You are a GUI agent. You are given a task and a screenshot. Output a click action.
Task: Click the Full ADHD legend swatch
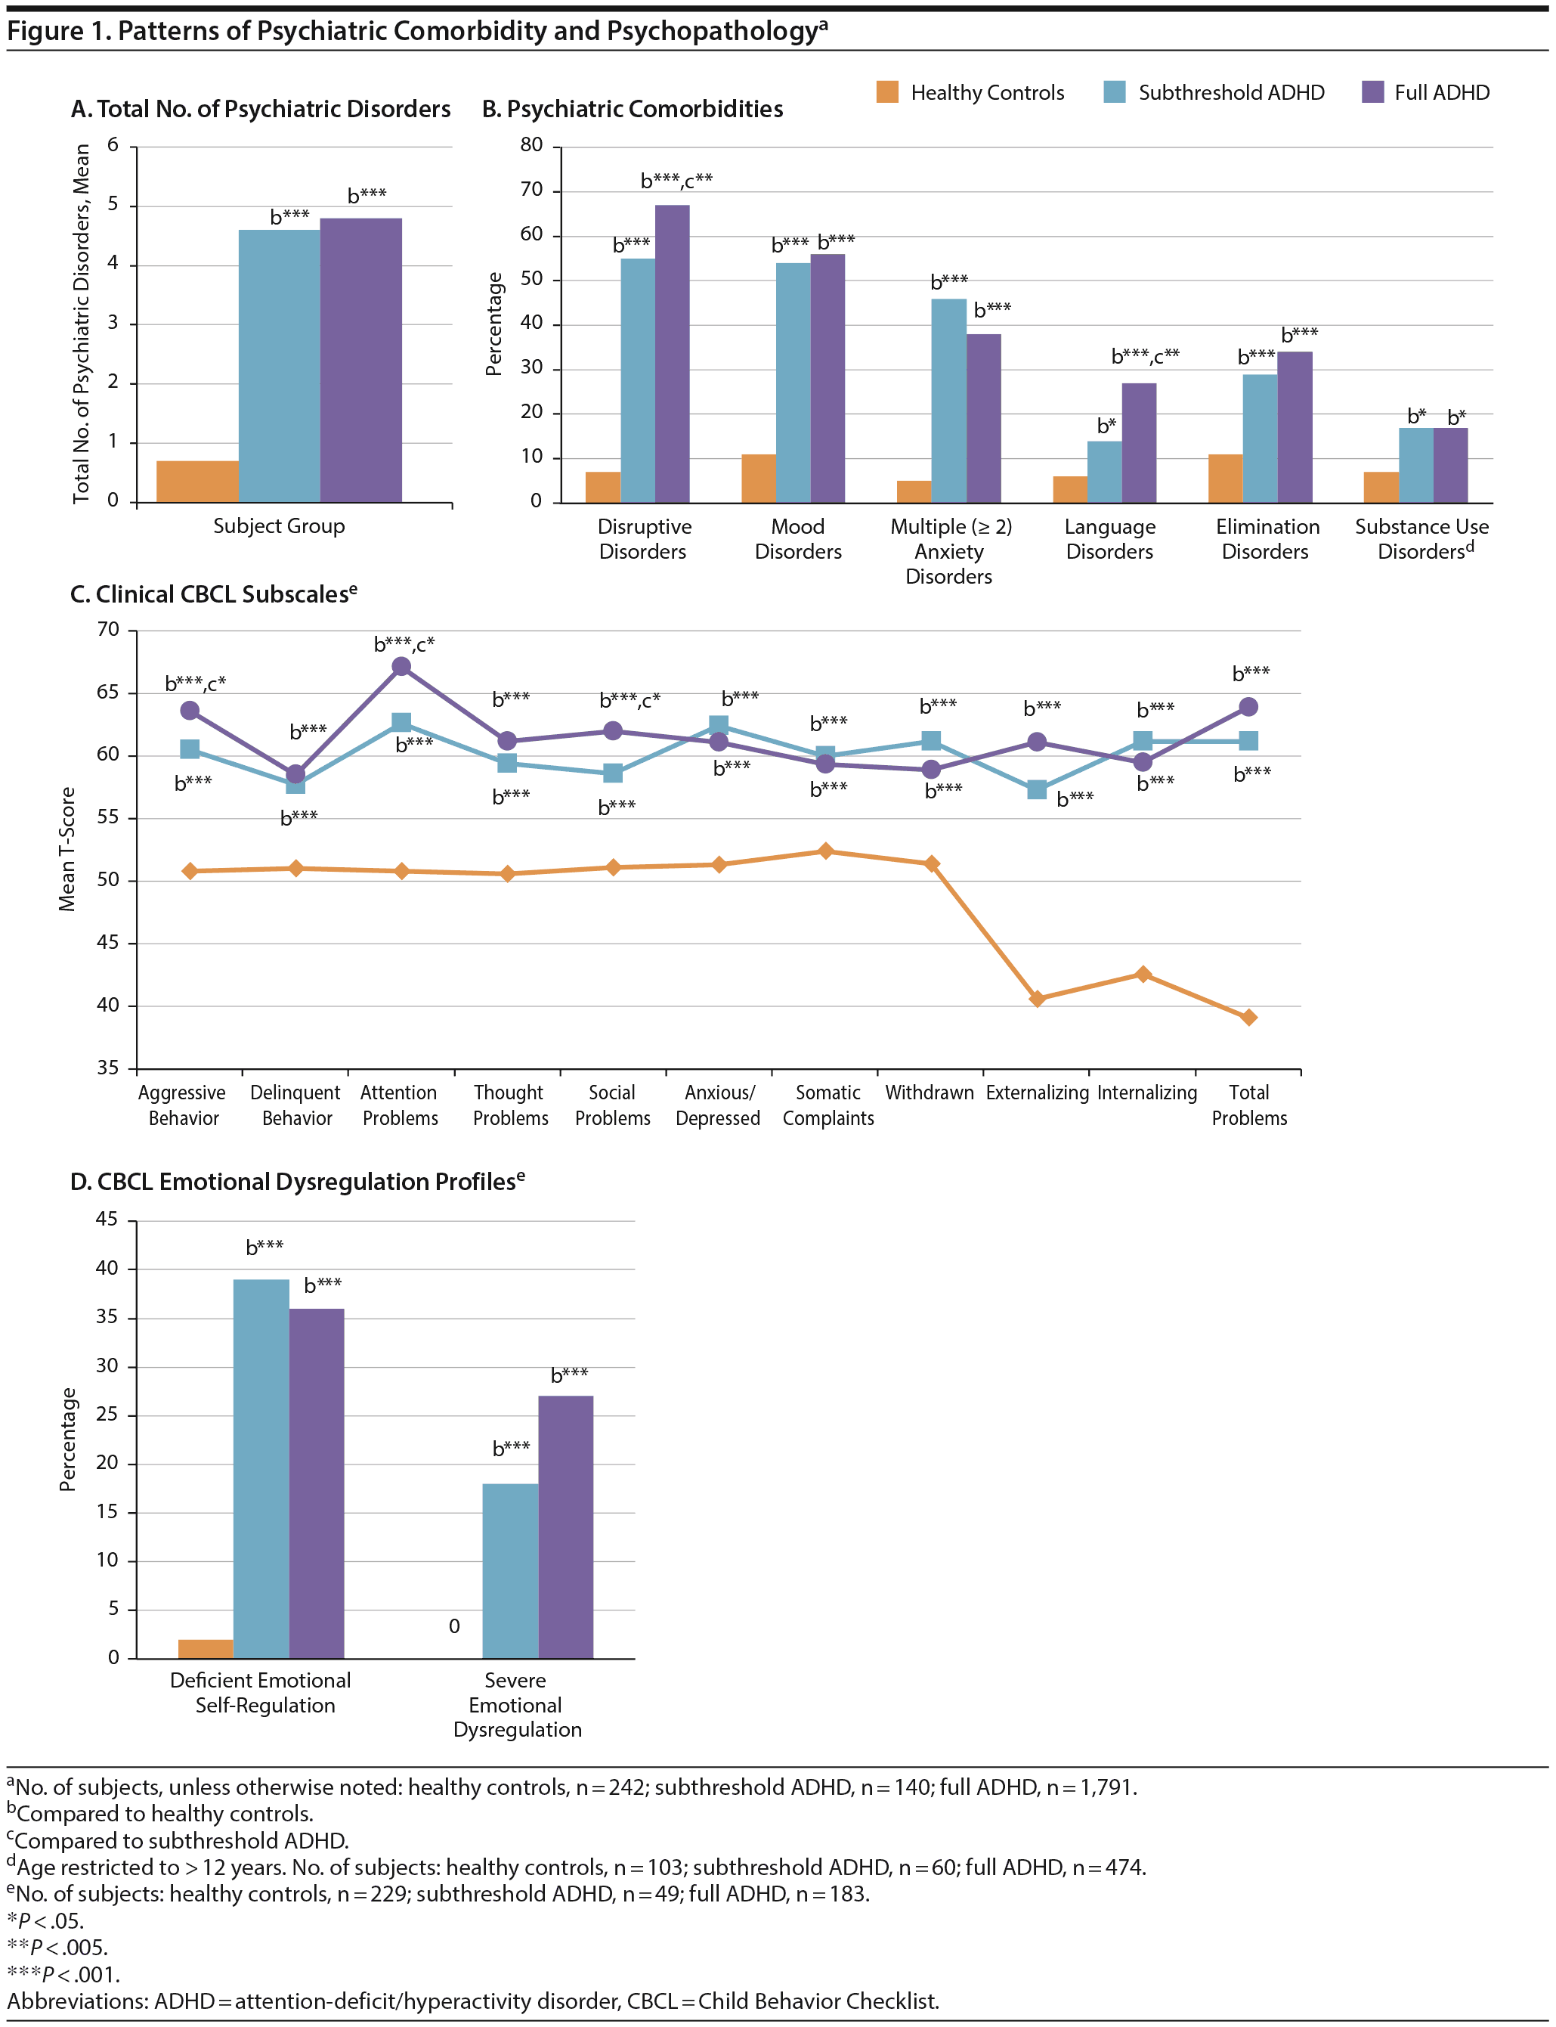(x=1372, y=91)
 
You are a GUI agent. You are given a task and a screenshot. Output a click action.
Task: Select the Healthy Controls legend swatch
(x=887, y=91)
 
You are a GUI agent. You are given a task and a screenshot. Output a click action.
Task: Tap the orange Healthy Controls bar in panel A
(x=197, y=481)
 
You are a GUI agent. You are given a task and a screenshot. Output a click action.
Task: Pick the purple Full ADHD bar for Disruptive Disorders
(x=673, y=354)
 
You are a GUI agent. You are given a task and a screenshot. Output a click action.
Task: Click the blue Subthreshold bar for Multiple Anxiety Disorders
(x=948, y=400)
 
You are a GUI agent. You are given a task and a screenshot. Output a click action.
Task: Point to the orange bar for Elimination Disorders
(x=1225, y=478)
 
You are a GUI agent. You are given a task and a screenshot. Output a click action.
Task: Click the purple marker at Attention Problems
(x=401, y=666)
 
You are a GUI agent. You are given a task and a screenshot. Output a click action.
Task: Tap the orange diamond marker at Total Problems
(x=1248, y=1017)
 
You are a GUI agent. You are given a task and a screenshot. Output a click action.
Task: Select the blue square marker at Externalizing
(x=1038, y=789)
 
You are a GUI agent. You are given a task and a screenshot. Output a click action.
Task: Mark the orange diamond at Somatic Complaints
(x=825, y=851)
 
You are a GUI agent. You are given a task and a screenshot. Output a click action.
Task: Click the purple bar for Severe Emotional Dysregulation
(x=566, y=1526)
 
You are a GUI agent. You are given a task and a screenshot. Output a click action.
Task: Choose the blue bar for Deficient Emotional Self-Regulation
(x=261, y=1468)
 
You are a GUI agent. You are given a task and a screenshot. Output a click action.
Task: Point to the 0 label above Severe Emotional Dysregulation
(x=454, y=1626)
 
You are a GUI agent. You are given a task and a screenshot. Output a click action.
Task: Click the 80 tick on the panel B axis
(x=531, y=144)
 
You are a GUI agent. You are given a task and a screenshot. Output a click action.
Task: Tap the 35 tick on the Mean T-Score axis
(x=108, y=1068)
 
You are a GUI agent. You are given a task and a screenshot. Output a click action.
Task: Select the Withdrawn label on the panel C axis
(x=929, y=1093)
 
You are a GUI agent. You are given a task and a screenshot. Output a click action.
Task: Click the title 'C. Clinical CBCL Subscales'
(x=213, y=594)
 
